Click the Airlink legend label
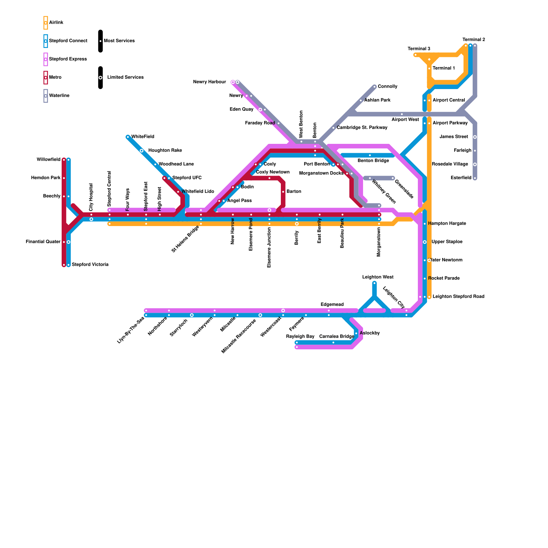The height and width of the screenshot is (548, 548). [x=56, y=23]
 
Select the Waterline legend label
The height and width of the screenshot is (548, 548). [x=59, y=96]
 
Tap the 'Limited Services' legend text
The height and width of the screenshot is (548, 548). [x=125, y=77]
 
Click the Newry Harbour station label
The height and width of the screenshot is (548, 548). [x=209, y=82]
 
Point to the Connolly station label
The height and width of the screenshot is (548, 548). [x=387, y=86]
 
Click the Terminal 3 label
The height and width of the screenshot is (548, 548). [x=419, y=49]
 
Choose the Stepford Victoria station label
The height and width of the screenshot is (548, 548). [x=90, y=265]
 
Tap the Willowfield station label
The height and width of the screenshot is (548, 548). [x=48, y=160]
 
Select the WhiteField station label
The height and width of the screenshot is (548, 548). [x=142, y=137]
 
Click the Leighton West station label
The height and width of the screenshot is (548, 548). [x=378, y=277]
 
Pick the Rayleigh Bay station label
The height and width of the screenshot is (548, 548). [x=300, y=337]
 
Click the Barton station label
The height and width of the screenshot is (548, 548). [x=294, y=191]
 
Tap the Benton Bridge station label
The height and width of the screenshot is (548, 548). [x=373, y=161]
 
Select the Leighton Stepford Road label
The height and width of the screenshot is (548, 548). [x=458, y=297]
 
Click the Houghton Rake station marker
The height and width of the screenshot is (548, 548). [x=141, y=151]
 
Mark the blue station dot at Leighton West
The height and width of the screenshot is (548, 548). [x=374, y=283]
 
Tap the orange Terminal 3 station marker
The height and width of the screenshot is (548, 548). [x=415, y=55]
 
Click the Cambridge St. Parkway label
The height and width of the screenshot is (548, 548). [x=362, y=128]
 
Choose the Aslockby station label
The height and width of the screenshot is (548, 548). [x=370, y=333]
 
